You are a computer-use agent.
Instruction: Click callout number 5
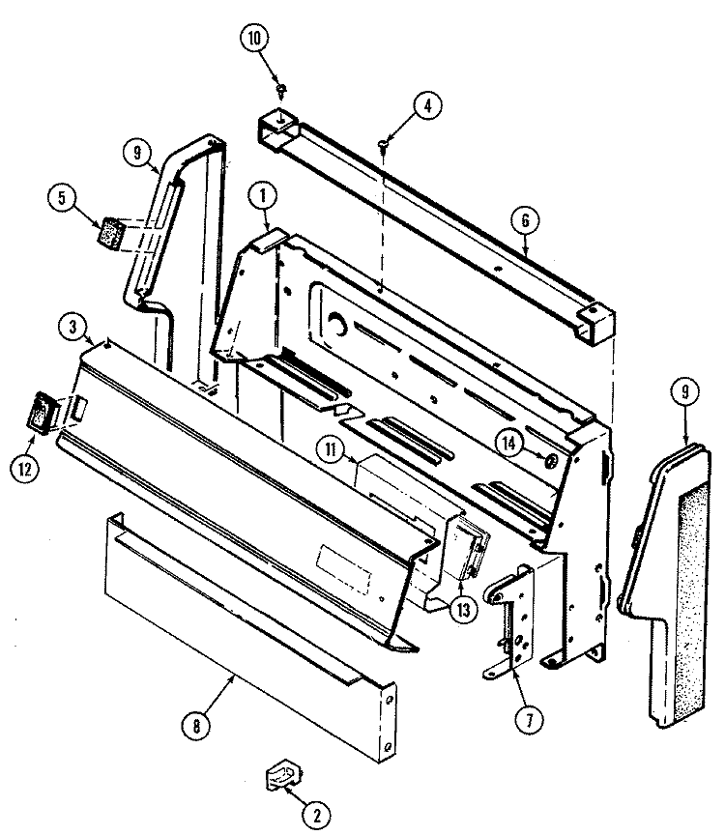[x=61, y=198]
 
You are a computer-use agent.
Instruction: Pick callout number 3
[x=71, y=327]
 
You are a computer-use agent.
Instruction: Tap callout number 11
[x=332, y=448]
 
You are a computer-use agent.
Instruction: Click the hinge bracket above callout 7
[x=509, y=619]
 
